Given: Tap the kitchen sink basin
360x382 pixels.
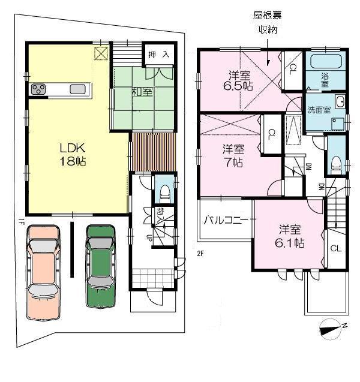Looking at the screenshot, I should (77, 90).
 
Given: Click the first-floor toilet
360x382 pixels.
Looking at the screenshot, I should (163, 193).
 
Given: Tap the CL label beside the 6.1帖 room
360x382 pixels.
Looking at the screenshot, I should (335, 248).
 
